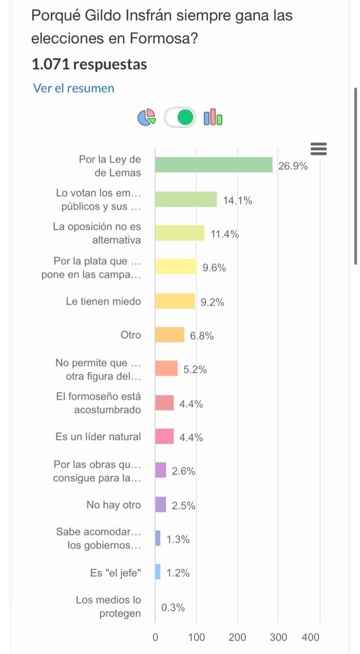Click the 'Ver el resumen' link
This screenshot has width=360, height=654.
[73, 88]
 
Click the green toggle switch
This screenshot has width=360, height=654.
[180, 117]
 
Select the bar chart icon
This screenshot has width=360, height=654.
[213, 117]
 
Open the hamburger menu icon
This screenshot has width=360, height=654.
[319, 149]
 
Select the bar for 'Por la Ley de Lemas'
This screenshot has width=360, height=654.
[214, 165]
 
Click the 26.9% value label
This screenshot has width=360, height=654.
[293, 166]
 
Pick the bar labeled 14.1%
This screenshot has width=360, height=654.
[186, 199]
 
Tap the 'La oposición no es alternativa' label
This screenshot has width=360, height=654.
[97, 233]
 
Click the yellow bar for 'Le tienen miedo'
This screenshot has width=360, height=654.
[175, 301]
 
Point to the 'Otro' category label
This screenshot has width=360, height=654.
[131, 335]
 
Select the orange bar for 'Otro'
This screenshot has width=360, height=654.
[169, 335]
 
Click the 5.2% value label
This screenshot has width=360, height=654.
[195, 369]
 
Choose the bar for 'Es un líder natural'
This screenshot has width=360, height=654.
[164, 437]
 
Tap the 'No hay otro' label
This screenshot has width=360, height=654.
[114, 505]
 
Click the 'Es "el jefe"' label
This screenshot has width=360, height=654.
[116, 573]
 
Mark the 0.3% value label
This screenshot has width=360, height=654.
[173, 607]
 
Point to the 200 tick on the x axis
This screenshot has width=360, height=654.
[237, 637]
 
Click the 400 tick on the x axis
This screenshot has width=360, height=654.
[311, 637]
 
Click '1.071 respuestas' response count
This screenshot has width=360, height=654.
[89, 64]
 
